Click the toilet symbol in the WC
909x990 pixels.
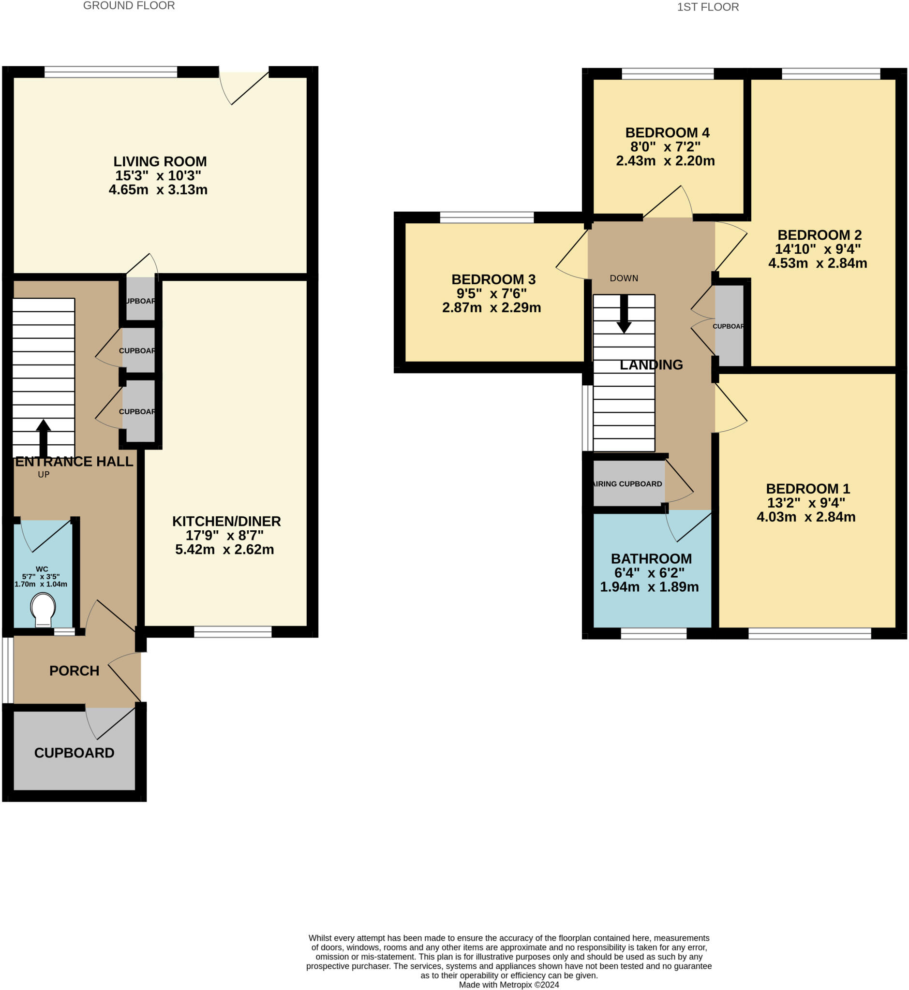click(43, 609)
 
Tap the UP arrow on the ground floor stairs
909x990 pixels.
click(43, 437)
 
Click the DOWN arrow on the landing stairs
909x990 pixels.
click(624, 314)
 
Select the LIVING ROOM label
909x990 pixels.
click(160, 161)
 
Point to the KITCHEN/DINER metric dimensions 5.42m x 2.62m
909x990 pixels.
click(224, 549)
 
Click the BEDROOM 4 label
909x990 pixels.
click(667, 133)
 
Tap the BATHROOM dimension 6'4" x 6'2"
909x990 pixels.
click(649, 573)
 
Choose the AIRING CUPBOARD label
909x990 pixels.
click(628, 484)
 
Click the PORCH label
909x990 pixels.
click(75, 670)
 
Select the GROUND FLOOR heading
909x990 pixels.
click(129, 6)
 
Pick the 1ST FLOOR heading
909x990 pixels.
click(707, 7)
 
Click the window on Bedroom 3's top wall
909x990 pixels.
click(487, 217)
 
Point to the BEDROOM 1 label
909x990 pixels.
click(808, 489)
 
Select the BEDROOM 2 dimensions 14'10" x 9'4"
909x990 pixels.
click(818, 249)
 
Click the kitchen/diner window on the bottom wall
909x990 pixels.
click(233, 632)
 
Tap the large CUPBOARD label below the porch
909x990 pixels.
click(75, 753)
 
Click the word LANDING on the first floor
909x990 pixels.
click(651, 365)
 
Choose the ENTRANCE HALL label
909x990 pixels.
click(75, 461)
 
